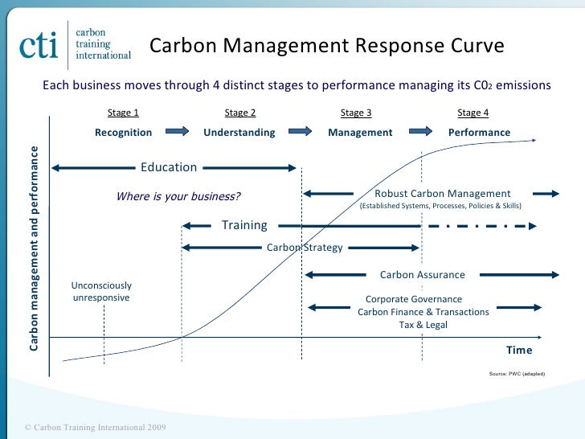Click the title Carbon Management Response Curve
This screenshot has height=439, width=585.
pos(327,46)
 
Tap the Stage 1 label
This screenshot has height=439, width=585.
pos(123,113)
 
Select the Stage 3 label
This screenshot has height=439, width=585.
pos(356,113)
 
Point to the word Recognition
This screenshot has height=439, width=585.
pos(123,132)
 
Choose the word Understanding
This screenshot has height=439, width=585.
pos(239,132)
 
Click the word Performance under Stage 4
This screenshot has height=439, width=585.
pos(479,132)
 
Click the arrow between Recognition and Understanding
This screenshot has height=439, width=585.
pos(179,131)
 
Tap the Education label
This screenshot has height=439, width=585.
pos(169,167)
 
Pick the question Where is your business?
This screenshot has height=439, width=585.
pos(178,196)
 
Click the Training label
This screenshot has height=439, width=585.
pos(244,225)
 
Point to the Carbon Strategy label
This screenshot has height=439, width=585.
pos(305,248)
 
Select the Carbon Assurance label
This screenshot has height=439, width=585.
pos(422,275)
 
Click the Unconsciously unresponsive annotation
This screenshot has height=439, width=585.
pos(101,292)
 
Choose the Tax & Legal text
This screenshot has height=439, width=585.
pos(423,325)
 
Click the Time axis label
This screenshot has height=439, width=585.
pos(519,350)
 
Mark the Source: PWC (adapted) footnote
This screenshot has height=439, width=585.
pos(517,374)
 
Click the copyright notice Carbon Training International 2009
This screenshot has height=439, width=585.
pos(95,426)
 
